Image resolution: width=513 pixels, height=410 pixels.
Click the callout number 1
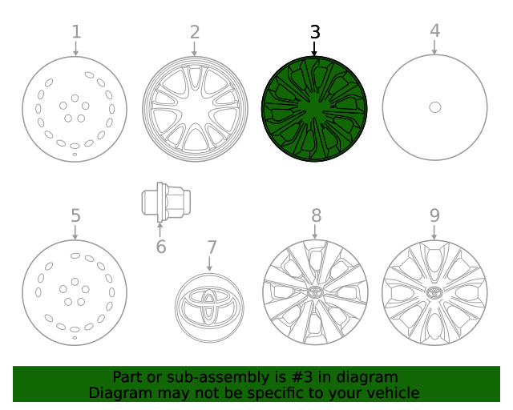pyautogui.click(x=75, y=32)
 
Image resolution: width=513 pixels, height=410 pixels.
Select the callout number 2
pyautogui.click(x=195, y=32)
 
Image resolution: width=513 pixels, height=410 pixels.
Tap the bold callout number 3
pyautogui.click(x=315, y=32)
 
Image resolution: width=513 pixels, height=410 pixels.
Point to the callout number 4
pyautogui.click(x=434, y=31)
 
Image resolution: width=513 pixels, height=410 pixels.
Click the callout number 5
pyautogui.click(x=75, y=215)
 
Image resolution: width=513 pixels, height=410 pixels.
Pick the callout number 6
pyautogui.click(x=161, y=247)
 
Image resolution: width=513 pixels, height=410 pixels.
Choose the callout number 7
pyautogui.click(x=211, y=247)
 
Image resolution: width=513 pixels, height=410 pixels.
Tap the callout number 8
pyautogui.click(x=316, y=215)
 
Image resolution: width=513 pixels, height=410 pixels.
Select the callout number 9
pyautogui.click(x=434, y=215)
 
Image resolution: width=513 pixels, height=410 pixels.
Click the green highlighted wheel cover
pyautogui.click(x=315, y=107)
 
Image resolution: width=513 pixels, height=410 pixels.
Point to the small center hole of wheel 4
pyautogui.click(x=434, y=107)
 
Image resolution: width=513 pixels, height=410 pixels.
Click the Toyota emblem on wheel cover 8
pyautogui.click(x=315, y=291)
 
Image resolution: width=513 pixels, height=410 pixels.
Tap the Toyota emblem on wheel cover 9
pyautogui.click(x=434, y=291)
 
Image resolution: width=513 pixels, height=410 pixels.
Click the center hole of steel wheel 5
pyautogui.click(x=75, y=292)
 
